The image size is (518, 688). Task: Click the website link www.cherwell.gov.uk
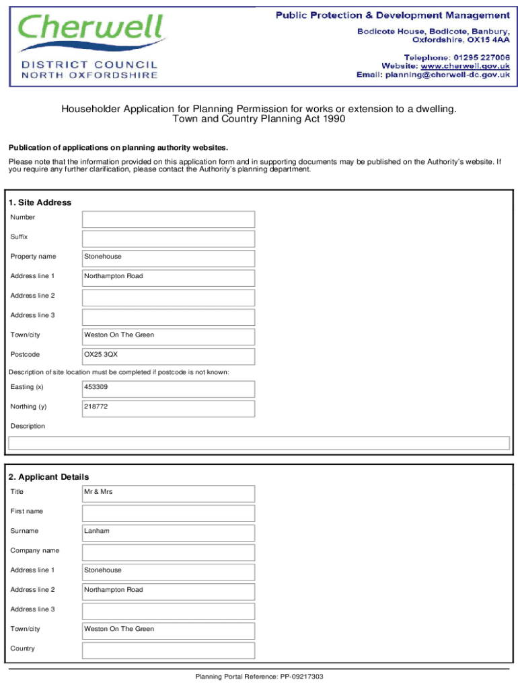pyautogui.click(x=465, y=66)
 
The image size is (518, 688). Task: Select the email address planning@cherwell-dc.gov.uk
pyautogui.click(x=447, y=75)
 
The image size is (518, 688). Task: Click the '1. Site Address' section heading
pyautogui.click(x=40, y=202)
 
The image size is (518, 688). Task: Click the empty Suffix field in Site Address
pyautogui.click(x=168, y=239)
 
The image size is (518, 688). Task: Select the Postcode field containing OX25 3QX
pyautogui.click(x=168, y=356)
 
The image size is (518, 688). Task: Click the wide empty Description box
pyautogui.click(x=258, y=443)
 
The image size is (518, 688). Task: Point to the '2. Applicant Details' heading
pyautogui.click(x=48, y=477)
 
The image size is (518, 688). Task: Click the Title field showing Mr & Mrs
pyautogui.click(x=168, y=494)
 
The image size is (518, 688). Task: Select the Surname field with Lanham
pyautogui.click(x=168, y=533)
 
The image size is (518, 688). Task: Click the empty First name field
pyautogui.click(x=168, y=513)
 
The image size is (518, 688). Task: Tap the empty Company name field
pyautogui.click(x=168, y=552)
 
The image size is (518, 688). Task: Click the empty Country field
pyautogui.click(x=168, y=650)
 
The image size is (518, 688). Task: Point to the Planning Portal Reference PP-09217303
pyautogui.click(x=259, y=677)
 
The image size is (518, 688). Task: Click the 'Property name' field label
pyautogui.click(x=33, y=257)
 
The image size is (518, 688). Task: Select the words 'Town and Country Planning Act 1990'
pyautogui.click(x=259, y=119)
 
